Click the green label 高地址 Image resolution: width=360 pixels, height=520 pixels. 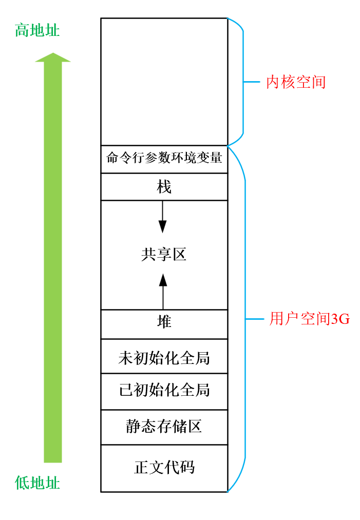tap(37, 31)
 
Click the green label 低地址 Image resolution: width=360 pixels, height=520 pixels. tap(37, 483)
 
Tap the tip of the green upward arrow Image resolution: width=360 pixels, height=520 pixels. tap(52, 54)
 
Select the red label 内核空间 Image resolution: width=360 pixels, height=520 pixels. tap(296, 82)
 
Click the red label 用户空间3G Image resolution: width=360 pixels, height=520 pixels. tap(310, 319)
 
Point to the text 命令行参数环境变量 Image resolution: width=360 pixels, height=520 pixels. tap(164, 158)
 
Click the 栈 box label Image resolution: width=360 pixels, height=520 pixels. tap(164, 187)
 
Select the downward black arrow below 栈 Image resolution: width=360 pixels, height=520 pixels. tap(162, 218)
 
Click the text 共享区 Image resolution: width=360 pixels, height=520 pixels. tap(164, 254)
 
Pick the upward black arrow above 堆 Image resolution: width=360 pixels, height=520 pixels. tap(163, 290)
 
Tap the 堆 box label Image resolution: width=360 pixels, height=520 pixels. tap(164, 322)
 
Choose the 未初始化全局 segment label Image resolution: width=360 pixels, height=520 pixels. tap(164, 357)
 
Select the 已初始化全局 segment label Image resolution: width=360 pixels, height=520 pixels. tap(164, 390)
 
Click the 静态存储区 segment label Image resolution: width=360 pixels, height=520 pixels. tap(164, 426)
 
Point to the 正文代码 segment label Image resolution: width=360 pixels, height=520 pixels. tap(164, 468)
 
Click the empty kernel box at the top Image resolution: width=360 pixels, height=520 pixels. tap(164, 82)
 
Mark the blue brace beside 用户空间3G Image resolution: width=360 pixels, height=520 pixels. tap(245, 319)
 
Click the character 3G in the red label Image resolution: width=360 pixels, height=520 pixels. tap(340, 319)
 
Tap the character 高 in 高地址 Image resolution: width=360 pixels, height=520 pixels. tap(22, 31)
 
